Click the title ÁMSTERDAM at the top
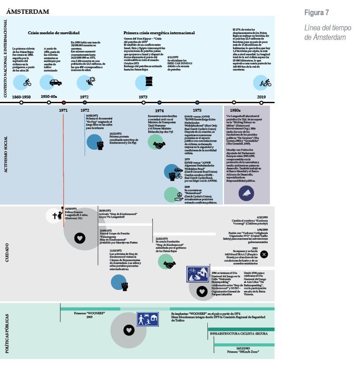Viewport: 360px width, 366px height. click(28, 12)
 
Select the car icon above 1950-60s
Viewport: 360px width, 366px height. click(55, 82)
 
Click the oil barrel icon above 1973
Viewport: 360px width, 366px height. click(143, 82)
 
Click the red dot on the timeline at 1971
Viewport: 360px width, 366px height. click(63, 102)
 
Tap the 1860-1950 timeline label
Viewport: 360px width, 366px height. click(21, 96)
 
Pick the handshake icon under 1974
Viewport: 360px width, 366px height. click(156, 141)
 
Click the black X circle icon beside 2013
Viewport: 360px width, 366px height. click(264, 254)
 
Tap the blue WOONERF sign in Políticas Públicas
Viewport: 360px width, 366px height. click(147, 318)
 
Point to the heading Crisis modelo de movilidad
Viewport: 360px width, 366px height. click(54, 33)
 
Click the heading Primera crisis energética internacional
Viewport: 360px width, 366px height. click(159, 33)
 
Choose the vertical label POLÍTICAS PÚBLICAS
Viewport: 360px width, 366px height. click(6, 331)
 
